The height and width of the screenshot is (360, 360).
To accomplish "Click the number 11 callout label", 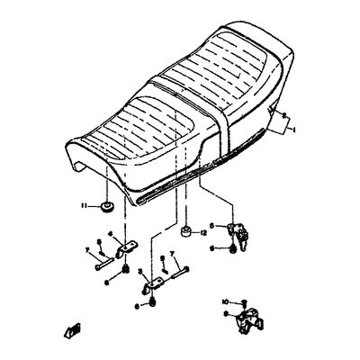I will (x=81, y=206).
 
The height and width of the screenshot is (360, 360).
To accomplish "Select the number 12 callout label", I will (x=204, y=234).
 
